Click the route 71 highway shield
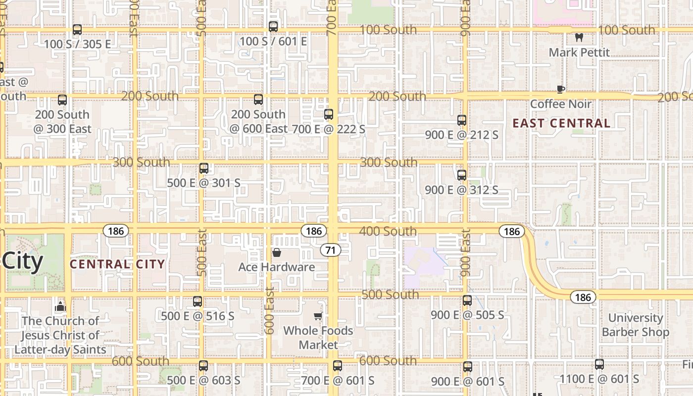330,250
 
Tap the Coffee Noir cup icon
560,89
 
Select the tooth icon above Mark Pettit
579,37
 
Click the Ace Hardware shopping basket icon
276,252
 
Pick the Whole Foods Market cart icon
318,316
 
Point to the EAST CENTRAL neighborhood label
561,123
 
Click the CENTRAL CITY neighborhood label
117,264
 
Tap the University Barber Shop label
636,325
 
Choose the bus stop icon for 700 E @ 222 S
329,114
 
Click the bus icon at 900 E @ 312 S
462,175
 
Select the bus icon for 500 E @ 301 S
203,168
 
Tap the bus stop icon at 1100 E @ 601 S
599,365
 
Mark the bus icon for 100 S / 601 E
273,27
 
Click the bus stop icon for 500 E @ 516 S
198,301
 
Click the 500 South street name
390,295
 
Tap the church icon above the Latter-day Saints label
60,306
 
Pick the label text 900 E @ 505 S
467,315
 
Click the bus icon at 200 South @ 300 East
62,100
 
